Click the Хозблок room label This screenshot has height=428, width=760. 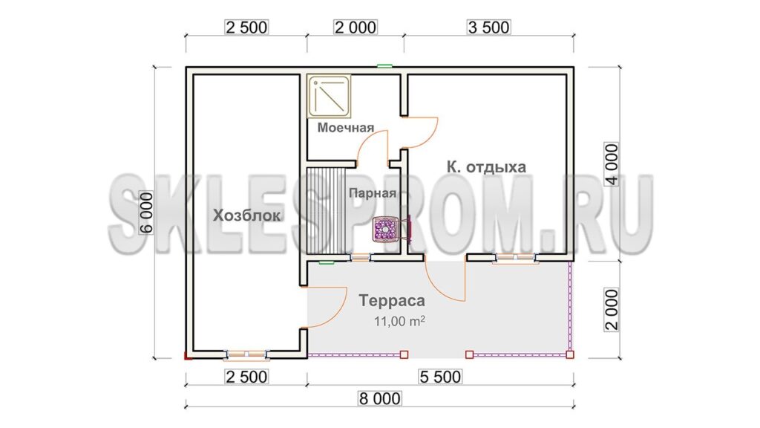pos(246,215)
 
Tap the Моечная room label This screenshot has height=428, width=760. pos(346,128)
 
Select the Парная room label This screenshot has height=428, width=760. pos(373,193)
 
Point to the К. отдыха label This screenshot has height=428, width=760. pos(486,167)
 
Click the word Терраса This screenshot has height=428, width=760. pos(392,300)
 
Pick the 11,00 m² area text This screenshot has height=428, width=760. pos(399,321)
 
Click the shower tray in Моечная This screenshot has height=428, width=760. pos(330,96)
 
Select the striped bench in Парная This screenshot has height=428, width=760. pos(328,210)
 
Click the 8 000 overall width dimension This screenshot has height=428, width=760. pos(379,399)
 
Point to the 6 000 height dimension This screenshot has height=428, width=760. pos(146,213)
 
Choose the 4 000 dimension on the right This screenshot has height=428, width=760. pos(612,164)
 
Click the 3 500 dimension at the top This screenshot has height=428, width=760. pos(488,27)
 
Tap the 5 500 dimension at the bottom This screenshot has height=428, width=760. pos(440,377)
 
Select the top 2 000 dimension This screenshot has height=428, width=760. pos(356,27)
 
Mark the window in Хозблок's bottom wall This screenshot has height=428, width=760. pos(246,354)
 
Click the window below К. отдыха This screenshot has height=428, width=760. pos(516,258)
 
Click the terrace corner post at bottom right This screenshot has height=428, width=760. pos(570,354)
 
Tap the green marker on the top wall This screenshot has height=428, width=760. pos(385,66)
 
